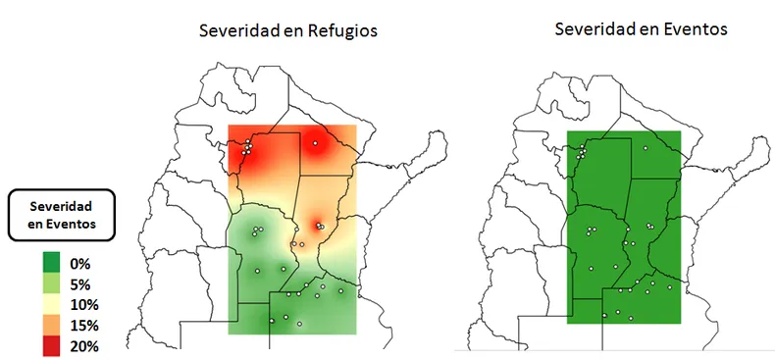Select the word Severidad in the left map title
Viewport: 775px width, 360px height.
(x=236, y=31)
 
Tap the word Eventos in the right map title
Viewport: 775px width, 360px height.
(x=694, y=29)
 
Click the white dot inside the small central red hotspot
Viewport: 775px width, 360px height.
(x=319, y=226)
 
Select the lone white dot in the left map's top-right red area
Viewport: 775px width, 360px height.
(x=315, y=143)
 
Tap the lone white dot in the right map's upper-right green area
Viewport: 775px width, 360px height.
(x=646, y=148)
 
